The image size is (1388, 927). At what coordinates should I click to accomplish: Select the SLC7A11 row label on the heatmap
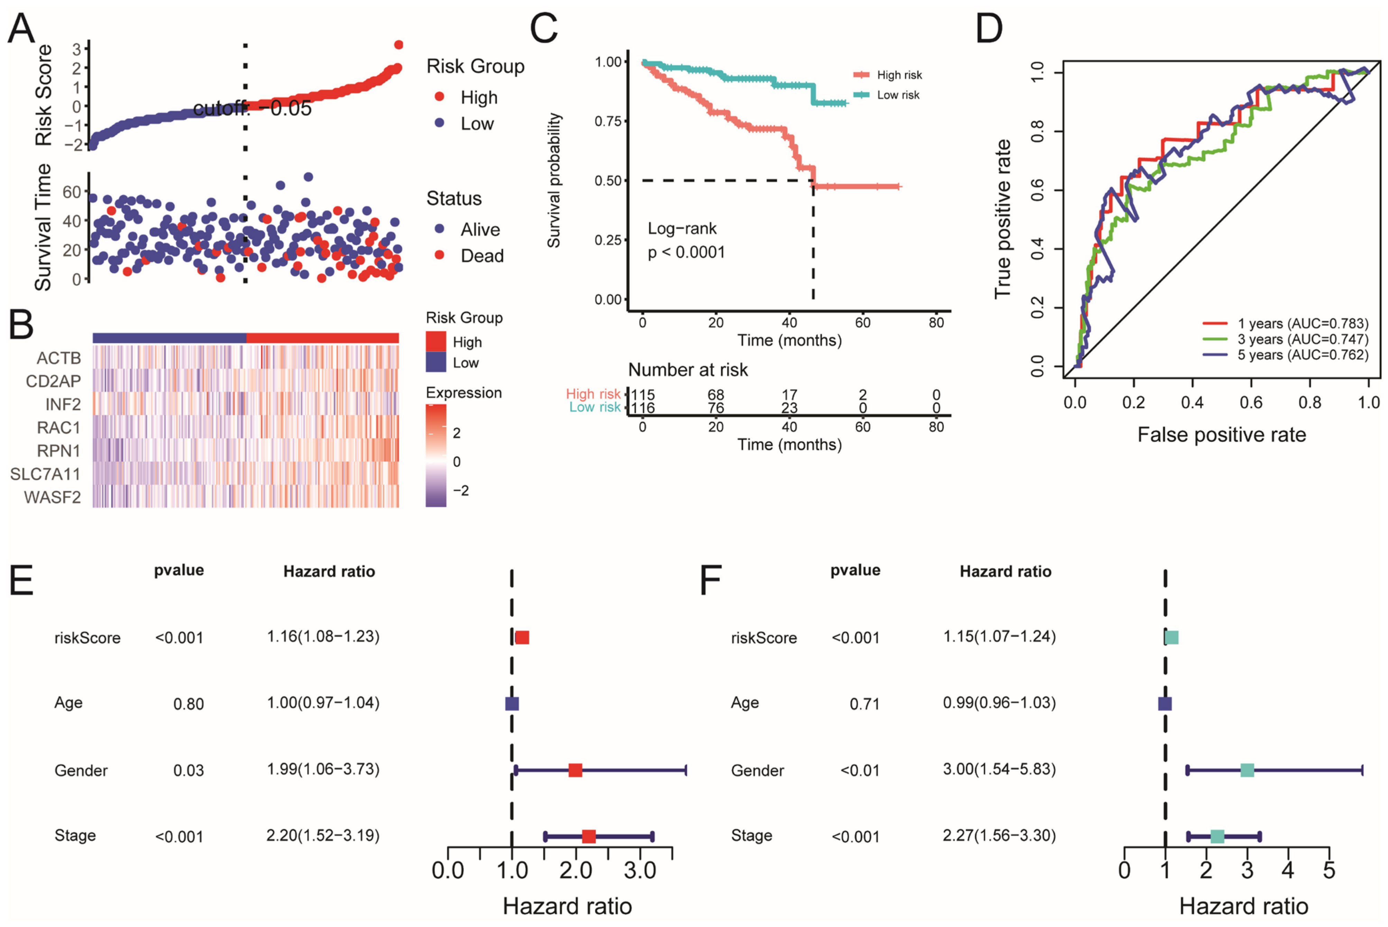46,474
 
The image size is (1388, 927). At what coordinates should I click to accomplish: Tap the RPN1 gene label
58,451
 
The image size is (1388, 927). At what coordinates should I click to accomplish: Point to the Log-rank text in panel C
682,228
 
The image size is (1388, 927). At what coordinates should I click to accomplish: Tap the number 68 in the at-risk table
716,394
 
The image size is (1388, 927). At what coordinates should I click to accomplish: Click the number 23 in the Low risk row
789,408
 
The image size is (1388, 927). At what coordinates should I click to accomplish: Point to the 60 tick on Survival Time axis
72,192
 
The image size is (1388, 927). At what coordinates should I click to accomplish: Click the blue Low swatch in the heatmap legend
436,362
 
